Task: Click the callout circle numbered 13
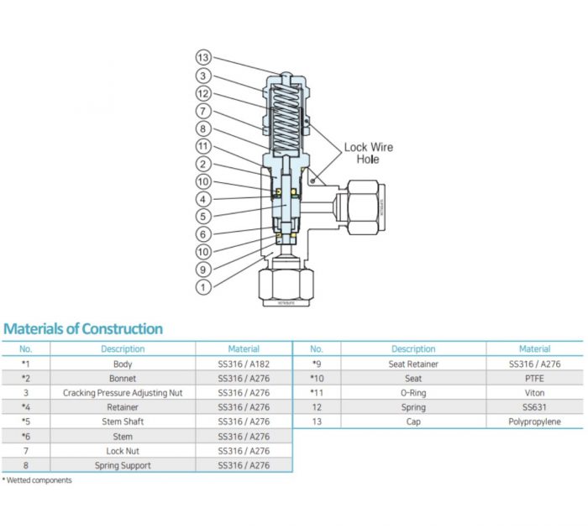click(202, 58)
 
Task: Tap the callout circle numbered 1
click(202, 287)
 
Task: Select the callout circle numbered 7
click(202, 111)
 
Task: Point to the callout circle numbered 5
click(202, 217)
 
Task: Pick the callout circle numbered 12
click(202, 93)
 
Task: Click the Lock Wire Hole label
click(368, 153)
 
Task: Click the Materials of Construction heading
click(83, 328)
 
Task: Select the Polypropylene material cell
click(534, 422)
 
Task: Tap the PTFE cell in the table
click(534, 379)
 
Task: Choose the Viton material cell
click(534, 393)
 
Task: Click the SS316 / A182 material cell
click(244, 364)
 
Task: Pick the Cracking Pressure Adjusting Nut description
click(123, 393)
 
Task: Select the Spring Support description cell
click(123, 465)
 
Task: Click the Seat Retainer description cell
click(413, 364)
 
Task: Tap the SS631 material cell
click(534, 407)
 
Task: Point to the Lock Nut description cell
click(123, 451)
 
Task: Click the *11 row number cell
click(317, 393)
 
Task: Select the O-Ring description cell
click(413, 393)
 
